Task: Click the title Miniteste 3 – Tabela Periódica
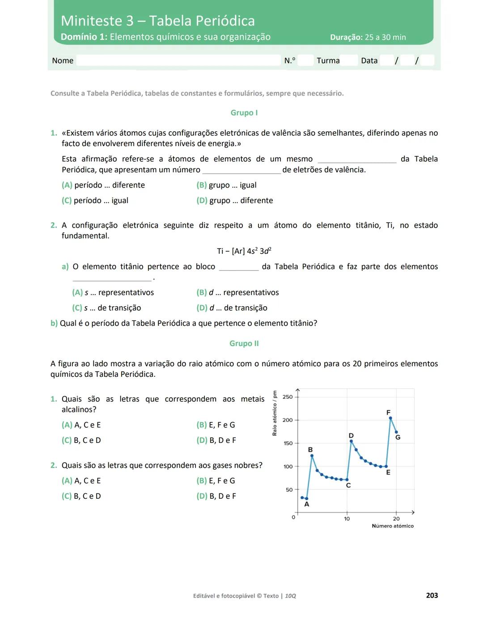[157, 21]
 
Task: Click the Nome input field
[178, 60]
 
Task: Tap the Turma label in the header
[328, 60]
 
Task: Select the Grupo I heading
[244, 113]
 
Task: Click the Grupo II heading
[244, 343]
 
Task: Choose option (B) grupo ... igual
[226, 185]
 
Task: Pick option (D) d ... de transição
[232, 308]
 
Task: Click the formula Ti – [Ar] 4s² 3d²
[244, 251]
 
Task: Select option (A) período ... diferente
[103, 185]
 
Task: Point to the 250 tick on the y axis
[288, 397]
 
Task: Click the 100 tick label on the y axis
[288, 467]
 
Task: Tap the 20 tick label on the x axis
[396, 519]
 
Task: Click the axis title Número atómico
[393, 526]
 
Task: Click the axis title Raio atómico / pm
[275, 413]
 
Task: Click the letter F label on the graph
[388, 412]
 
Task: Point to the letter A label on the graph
[307, 504]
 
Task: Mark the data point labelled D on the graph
[351, 441]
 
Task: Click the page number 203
[432, 595]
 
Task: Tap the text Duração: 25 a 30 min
[368, 38]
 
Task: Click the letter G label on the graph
[398, 437]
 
